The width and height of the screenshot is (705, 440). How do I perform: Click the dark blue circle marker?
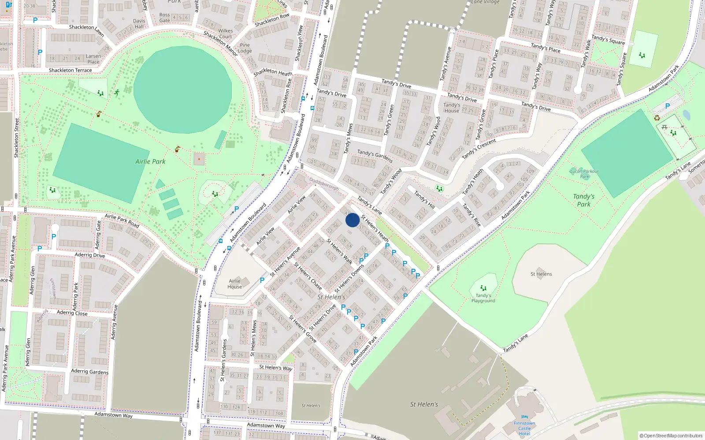352,220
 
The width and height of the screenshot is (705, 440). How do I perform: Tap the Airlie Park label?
150,161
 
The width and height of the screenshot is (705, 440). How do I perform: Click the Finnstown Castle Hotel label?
524,428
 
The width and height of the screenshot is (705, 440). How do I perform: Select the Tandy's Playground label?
483,298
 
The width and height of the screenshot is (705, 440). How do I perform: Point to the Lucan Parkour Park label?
584,174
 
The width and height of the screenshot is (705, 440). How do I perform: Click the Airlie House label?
235,284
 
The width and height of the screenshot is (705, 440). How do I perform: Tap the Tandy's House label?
452,108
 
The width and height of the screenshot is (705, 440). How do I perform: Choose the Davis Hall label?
139,24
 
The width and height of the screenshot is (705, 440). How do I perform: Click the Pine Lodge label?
245,48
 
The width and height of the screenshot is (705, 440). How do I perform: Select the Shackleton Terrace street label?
70,70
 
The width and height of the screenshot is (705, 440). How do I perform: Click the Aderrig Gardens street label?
90,371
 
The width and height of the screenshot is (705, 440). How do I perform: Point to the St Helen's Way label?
276,367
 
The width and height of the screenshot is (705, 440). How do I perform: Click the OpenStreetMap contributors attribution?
671,436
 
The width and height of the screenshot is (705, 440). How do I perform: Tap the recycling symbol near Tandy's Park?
657,117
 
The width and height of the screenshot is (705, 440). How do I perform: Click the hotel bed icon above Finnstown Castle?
524,417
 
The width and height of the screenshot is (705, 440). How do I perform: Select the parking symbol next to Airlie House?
262,280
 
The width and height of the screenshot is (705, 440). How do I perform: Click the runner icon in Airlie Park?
117,93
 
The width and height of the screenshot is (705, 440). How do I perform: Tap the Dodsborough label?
324,183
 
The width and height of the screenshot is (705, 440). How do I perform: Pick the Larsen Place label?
93,59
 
